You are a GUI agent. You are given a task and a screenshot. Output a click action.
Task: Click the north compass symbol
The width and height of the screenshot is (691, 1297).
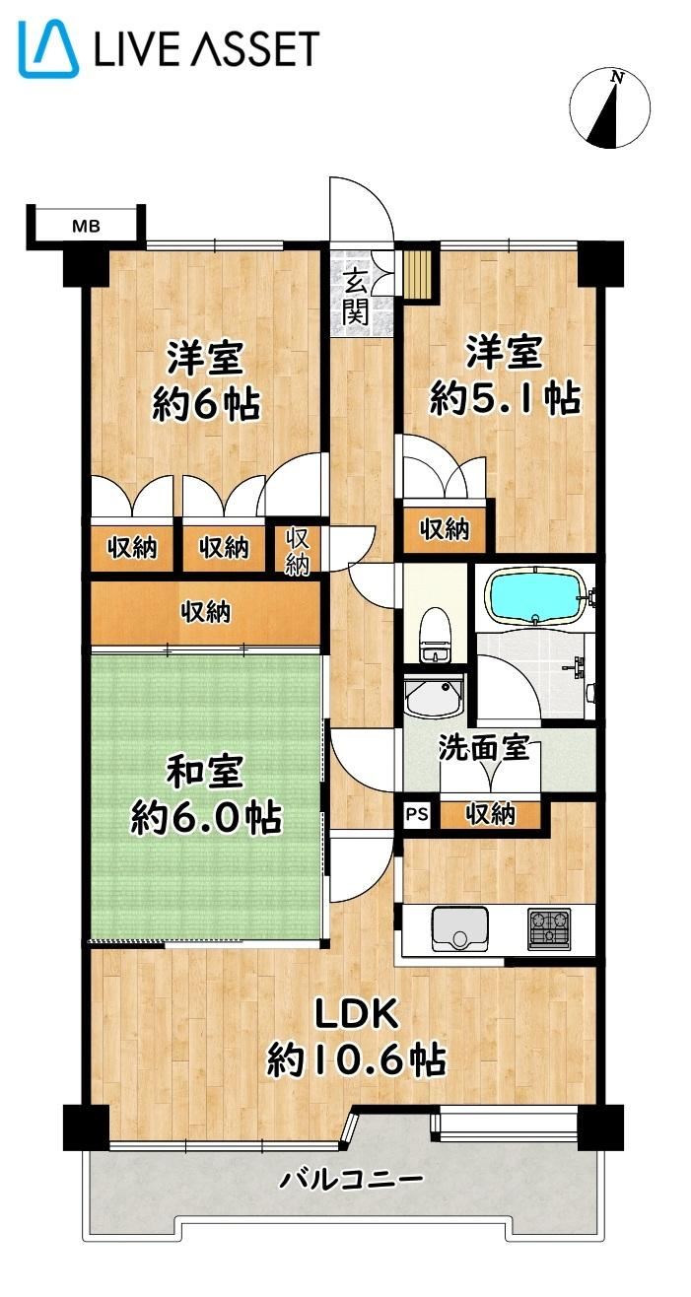pyautogui.click(x=609, y=108)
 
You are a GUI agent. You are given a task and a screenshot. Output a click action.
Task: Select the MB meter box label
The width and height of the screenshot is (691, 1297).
pyautogui.click(x=86, y=226)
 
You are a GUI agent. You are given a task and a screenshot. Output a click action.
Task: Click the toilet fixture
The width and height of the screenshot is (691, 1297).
pyautogui.click(x=435, y=635)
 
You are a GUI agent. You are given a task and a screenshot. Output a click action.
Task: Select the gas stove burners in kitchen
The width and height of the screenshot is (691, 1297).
pyautogui.click(x=548, y=928)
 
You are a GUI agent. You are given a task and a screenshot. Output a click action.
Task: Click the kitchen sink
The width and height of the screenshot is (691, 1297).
pyautogui.click(x=460, y=928)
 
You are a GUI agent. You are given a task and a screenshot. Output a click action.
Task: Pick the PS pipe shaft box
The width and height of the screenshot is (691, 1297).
pyautogui.click(x=416, y=815)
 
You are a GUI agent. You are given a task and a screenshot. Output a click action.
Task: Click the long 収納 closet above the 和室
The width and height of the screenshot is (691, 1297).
pyautogui.click(x=206, y=612)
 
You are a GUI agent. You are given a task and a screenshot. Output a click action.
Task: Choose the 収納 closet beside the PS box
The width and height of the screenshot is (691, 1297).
pyautogui.click(x=491, y=815)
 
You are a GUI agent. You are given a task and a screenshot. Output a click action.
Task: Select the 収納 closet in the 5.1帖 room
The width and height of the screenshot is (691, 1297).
pyautogui.click(x=445, y=529)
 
